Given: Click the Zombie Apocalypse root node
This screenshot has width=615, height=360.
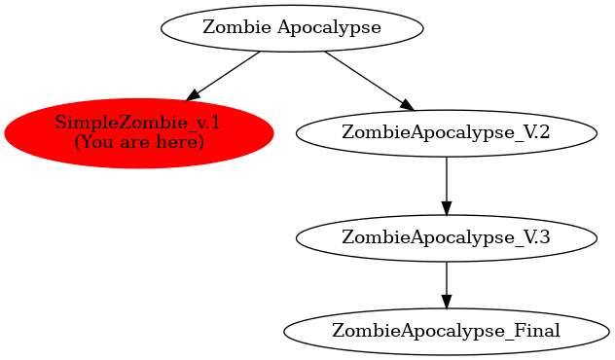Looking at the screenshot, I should tap(292, 27).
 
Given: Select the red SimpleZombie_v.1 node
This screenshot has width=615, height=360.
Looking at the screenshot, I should tap(138, 132).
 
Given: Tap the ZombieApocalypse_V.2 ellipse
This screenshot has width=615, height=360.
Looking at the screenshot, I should tap(446, 133).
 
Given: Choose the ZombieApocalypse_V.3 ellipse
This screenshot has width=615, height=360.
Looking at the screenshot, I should tap(446, 236).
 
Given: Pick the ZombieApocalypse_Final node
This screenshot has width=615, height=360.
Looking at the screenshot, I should tap(446, 331).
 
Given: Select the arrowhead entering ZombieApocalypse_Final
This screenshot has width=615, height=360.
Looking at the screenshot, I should tap(446, 302).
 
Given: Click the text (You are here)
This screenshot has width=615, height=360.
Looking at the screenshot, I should tap(138, 142).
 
